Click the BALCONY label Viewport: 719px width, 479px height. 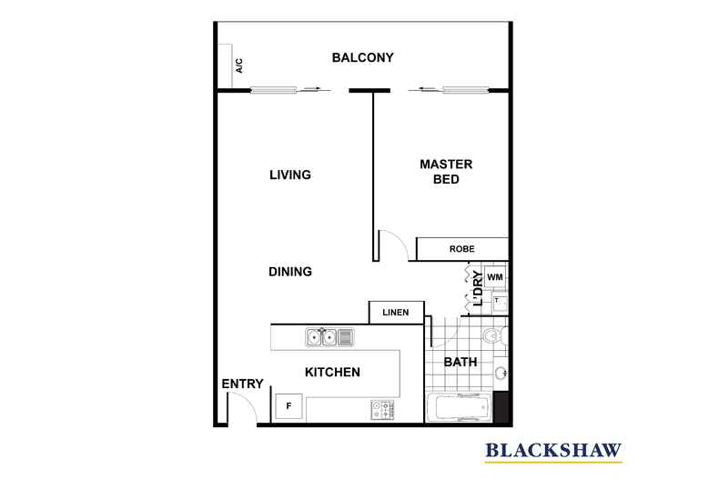point(362,58)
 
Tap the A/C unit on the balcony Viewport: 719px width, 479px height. point(233,66)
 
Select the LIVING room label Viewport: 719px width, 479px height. point(290,175)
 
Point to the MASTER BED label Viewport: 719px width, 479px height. point(445,172)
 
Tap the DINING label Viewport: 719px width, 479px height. point(290,271)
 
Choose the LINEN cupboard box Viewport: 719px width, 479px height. point(396,313)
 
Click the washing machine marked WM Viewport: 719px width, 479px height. point(494,276)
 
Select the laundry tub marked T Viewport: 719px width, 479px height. point(499,301)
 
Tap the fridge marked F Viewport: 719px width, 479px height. point(289,404)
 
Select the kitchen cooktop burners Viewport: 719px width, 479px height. point(381,410)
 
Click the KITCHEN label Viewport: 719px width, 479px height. point(332,372)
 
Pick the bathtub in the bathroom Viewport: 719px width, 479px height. point(460,407)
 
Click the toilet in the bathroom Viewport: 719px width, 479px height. point(494,338)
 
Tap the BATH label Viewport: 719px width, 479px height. point(461,362)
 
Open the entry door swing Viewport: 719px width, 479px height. point(240,412)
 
